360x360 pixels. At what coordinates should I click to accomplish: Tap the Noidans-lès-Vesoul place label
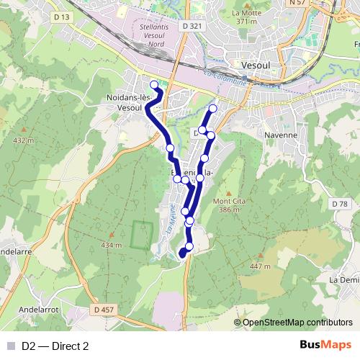tap(128, 102)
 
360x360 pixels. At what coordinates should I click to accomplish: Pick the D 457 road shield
tap(103, 310)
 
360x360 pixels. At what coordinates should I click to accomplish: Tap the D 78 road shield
tap(341, 205)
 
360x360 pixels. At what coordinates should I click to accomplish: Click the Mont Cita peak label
tap(228, 205)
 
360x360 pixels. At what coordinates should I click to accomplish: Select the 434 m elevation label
tap(112, 246)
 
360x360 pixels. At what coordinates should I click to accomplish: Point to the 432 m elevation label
tap(24, 140)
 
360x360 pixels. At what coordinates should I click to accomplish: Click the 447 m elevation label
tap(260, 266)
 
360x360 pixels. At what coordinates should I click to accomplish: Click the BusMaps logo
tap(325, 345)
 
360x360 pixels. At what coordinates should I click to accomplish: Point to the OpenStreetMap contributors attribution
tap(297, 323)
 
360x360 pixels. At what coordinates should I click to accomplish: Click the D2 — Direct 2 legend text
tap(55, 346)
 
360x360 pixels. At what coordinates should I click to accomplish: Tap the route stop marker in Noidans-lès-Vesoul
tap(154, 85)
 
